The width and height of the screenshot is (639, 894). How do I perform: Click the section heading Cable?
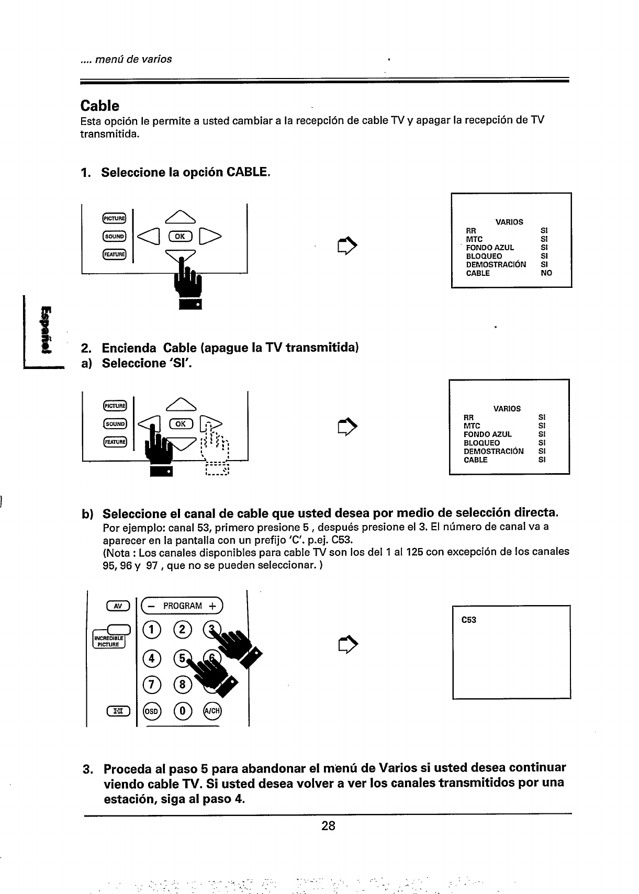[99, 106]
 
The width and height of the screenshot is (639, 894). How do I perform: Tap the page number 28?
[328, 826]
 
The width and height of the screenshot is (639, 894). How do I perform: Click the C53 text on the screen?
[468, 620]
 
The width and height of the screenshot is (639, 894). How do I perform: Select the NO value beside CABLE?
[546, 273]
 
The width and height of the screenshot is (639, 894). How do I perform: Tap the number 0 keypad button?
[183, 711]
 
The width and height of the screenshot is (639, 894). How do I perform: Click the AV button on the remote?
[118, 606]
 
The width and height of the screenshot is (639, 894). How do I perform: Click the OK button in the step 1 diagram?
[180, 236]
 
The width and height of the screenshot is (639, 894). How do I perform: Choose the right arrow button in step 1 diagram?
[210, 236]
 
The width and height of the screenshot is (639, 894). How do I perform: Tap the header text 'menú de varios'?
[126, 59]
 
